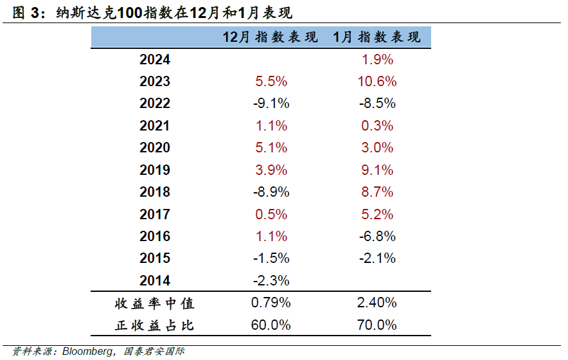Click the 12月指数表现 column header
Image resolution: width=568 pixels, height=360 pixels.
pos(271,37)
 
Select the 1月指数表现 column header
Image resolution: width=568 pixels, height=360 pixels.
pos(377,37)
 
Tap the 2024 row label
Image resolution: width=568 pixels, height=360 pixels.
pos(155,60)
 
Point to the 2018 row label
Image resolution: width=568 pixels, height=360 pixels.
pos(155,192)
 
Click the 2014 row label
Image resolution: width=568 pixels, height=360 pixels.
pos(155,280)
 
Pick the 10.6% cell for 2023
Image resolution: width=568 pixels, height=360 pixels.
pos(377,82)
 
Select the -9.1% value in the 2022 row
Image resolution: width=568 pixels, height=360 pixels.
pos(271,104)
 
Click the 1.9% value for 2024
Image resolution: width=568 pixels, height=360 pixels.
pos(377,60)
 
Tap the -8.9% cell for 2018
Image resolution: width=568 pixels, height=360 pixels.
pos(271,192)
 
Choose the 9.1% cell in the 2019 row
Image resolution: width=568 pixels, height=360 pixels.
pos(377,170)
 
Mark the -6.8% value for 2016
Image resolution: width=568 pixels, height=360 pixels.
pos(377,236)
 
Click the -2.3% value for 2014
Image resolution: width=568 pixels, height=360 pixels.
pos(271,280)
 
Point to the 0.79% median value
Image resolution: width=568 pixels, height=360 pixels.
pos(271,303)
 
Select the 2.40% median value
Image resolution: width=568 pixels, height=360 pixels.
pos(377,303)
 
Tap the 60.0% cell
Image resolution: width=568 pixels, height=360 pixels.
pos(271,325)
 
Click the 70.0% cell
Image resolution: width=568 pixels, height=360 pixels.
pos(377,325)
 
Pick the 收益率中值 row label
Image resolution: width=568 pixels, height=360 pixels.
pos(154,303)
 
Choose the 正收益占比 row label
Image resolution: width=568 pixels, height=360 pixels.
pos(154,325)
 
